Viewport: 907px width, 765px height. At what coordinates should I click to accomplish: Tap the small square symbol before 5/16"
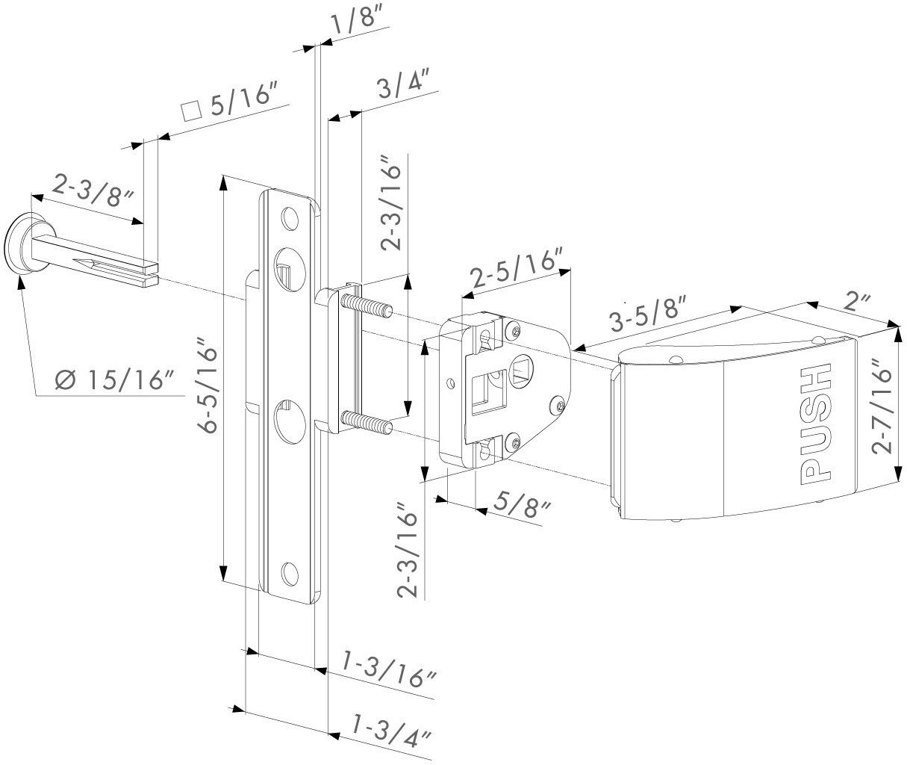[x=192, y=111]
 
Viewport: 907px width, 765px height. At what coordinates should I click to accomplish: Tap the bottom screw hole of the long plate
[x=288, y=573]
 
